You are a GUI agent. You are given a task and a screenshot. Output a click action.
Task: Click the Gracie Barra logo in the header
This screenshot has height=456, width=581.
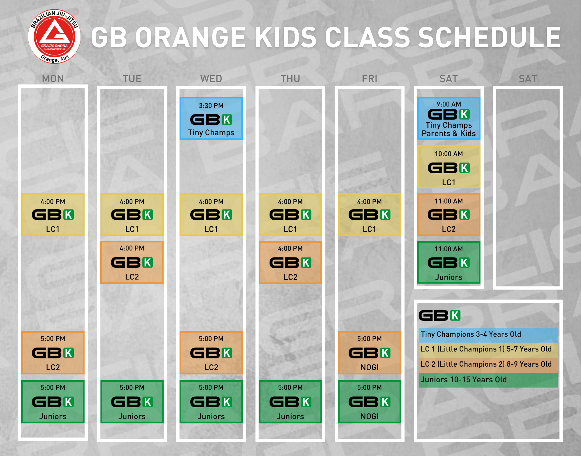pyautogui.click(x=54, y=37)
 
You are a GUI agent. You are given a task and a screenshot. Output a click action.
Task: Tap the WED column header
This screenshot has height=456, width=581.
pyautogui.click(x=211, y=79)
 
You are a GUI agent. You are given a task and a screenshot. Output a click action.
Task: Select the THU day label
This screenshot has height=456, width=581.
pyautogui.click(x=290, y=79)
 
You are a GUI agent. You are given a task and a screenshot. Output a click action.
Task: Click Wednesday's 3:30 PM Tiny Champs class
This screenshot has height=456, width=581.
pyautogui.click(x=211, y=118)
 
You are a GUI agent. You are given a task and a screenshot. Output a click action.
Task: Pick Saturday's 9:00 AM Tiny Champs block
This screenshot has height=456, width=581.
pyautogui.click(x=449, y=118)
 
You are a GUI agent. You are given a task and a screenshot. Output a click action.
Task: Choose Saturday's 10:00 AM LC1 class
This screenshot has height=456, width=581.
pyautogui.click(x=449, y=167)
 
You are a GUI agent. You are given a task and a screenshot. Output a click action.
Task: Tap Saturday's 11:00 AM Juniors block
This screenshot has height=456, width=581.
pyautogui.click(x=449, y=262)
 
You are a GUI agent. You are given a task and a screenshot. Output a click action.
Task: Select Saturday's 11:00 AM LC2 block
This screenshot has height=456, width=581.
pyautogui.click(x=449, y=215)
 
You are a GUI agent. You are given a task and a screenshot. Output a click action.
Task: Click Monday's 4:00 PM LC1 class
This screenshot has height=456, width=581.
pyautogui.click(x=53, y=215)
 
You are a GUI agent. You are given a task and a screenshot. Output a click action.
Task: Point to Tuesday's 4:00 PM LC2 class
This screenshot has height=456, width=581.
pyautogui.click(x=132, y=262)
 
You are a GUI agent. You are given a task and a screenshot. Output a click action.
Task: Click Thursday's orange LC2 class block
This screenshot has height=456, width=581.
pyautogui.click(x=290, y=262)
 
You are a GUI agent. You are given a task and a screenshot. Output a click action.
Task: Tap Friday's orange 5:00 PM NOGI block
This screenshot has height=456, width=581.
pyautogui.click(x=370, y=353)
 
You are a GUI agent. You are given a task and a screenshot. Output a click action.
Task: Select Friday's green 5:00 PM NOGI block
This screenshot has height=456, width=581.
pyautogui.click(x=370, y=402)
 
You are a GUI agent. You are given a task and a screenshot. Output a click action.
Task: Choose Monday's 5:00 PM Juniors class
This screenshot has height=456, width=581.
pyautogui.click(x=53, y=402)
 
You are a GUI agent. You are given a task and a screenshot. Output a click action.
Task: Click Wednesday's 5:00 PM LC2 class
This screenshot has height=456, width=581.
pyautogui.click(x=211, y=353)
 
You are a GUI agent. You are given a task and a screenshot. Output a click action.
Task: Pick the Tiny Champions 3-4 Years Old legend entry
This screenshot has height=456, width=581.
pyautogui.click(x=488, y=335)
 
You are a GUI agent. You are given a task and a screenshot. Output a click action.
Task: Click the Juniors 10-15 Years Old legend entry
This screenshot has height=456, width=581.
pyautogui.click(x=488, y=380)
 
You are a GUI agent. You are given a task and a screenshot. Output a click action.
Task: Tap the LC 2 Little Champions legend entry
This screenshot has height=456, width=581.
pyautogui.click(x=488, y=365)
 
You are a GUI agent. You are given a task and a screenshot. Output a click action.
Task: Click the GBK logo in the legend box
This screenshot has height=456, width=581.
pyautogui.click(x=440, y=316)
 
